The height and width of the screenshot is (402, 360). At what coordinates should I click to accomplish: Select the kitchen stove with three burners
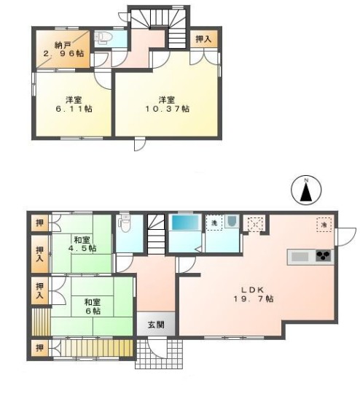point(323,256)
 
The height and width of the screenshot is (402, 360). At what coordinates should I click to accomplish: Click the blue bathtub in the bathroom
point(185,223)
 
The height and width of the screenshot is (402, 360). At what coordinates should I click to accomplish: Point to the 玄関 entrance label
point(155,325)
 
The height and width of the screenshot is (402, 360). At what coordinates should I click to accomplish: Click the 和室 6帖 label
point(91,306)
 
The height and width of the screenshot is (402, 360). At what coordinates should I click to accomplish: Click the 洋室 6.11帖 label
point(73,104)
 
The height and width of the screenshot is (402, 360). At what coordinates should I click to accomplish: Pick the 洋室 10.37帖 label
point(167,104)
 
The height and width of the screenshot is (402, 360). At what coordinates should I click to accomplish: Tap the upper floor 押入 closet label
point(204,39)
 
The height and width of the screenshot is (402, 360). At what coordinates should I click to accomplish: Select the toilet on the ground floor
point(125,220)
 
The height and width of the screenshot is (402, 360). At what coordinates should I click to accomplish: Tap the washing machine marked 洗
point(215,222)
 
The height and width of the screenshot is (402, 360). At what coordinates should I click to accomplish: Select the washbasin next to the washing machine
point(232,221)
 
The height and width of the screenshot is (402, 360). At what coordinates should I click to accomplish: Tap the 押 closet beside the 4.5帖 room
point(39,221)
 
